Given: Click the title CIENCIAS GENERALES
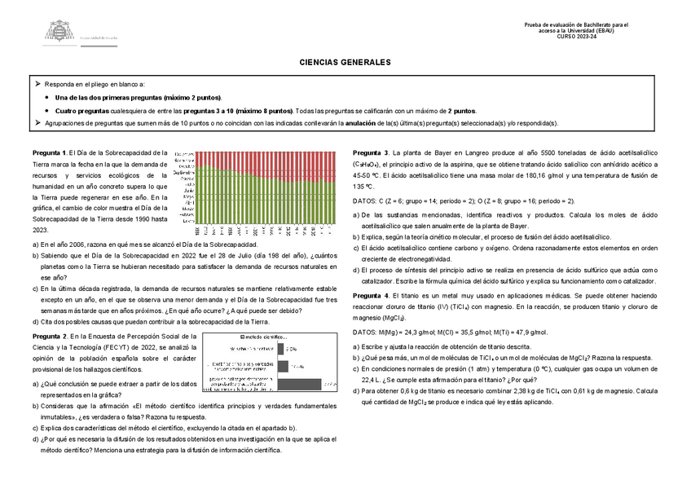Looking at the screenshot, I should [345, 62].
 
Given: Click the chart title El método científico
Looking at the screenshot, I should [262, 337].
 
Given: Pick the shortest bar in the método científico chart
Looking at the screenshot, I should [282, 348].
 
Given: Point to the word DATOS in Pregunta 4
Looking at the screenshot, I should [365, 333].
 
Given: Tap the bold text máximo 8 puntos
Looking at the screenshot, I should [263, 110].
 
